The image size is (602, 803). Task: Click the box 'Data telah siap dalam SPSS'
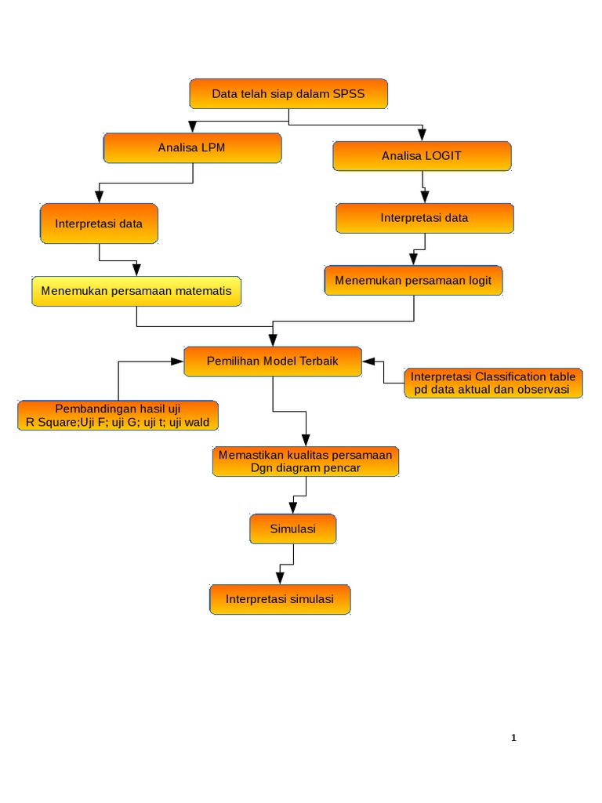pos(288,93)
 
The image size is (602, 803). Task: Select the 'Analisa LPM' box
pos(192,147)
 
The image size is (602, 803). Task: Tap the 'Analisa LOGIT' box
pos(422,155)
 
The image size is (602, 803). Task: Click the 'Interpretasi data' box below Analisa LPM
pos(99,223)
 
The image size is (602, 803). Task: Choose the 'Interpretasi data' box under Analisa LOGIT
pos(425,218)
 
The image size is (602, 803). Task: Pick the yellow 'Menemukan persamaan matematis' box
pos(136,291)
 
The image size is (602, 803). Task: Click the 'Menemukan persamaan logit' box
pos(413,281)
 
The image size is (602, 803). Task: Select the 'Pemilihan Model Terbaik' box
pos(273,361)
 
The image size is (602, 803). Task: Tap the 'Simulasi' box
pos(293,529)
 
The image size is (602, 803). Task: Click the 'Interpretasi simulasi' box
pos(280,599)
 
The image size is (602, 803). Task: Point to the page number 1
pos(513,737)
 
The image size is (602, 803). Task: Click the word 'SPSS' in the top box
pos(349,93)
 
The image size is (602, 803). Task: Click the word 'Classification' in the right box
pos(511,376)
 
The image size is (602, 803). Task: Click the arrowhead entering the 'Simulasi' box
pos(293,508)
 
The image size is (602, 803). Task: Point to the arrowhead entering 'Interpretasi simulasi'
pos(280,578)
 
